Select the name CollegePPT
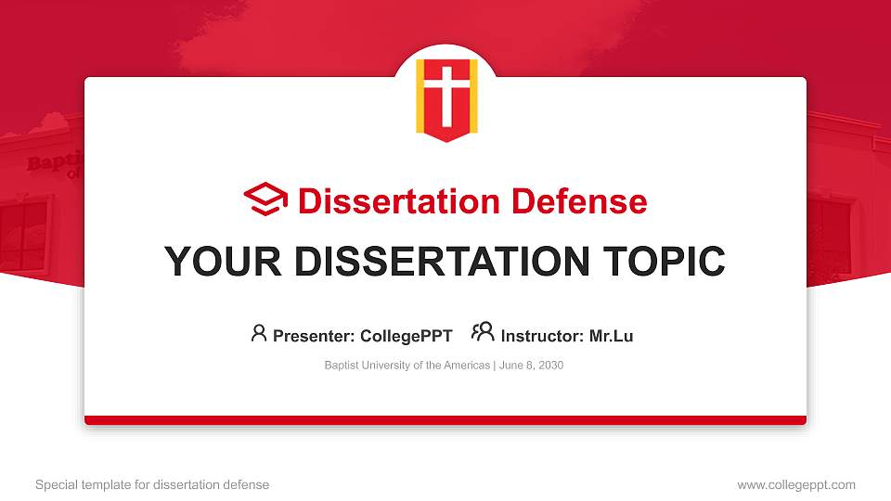pos(407,336)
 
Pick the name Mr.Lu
pos(611,336)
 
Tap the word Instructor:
pos(542,336)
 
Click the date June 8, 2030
pos(531,366)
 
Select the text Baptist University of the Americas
pos(407,366)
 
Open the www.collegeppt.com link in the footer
pos(795,484)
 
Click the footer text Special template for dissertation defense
pos(152,484)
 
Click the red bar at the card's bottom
pos(445,420)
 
